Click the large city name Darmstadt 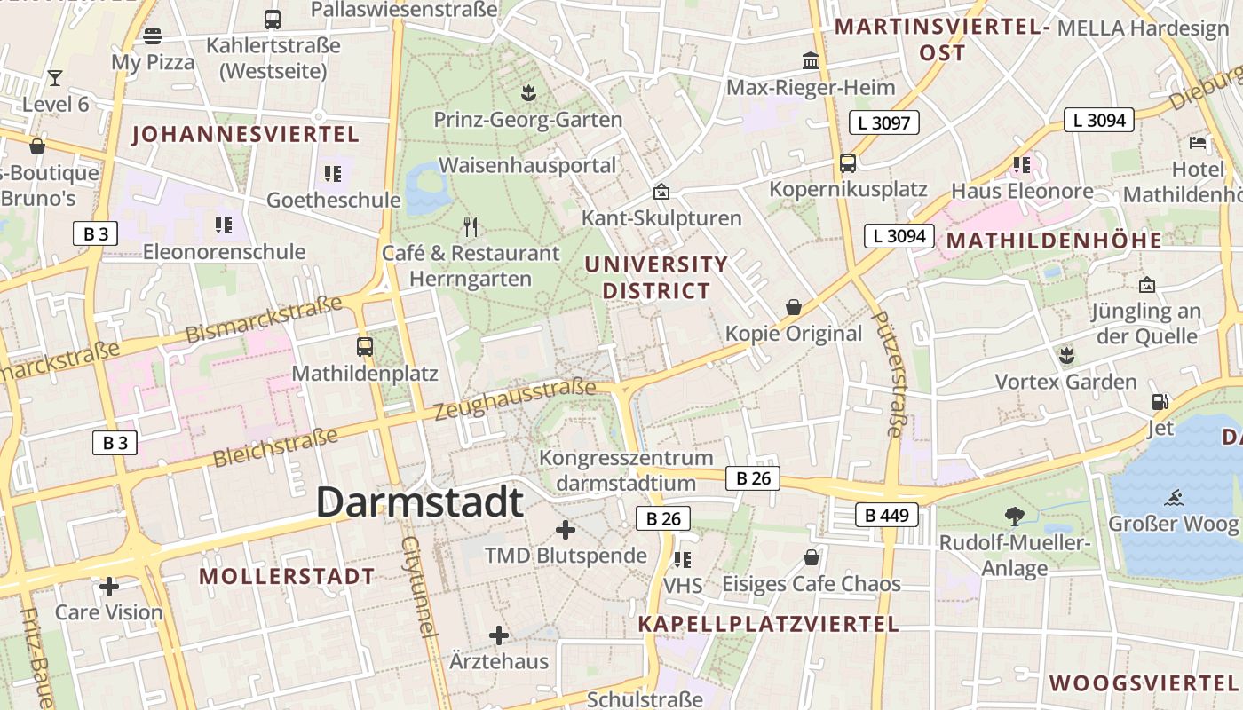click(420, 501)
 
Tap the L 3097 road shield click(883, 122)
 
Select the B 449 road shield click(886, 515)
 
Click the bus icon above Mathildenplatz click(364, 346)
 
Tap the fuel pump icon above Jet click(1160, 401)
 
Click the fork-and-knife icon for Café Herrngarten click(471, 227)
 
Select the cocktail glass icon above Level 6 click(55, 77)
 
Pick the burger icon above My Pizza click(153, 36)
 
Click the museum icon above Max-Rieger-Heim click(811, 60)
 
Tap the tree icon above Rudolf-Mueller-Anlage click(1014, 516)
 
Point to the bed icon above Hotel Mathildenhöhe click(1198, 142)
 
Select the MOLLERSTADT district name click(287, 576)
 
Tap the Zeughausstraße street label click(515, 400)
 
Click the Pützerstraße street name click(888, 373)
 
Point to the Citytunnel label click(421, 586)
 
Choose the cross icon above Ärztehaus click(499, 635)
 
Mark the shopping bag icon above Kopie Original click(794, 307)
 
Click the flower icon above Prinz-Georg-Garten click(527, 91)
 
